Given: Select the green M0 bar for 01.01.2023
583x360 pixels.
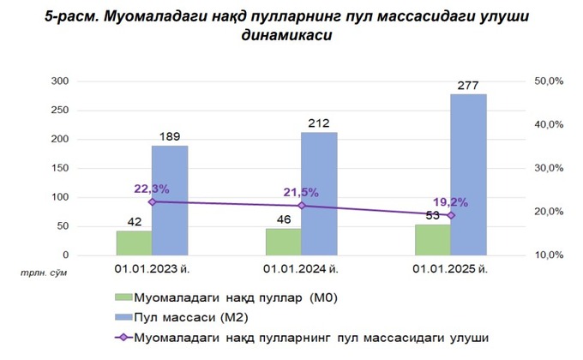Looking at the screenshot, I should (134, 243).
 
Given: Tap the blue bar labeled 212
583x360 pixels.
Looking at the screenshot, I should (319, 193).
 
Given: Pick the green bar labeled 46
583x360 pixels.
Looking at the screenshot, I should (283, 242).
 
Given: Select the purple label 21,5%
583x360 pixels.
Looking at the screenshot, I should (301, 192).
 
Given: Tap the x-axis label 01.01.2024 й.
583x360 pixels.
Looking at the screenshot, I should (301, 272).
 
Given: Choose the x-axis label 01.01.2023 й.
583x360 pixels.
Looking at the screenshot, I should (152, 272).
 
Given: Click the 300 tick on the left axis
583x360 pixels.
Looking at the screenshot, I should (60, 81).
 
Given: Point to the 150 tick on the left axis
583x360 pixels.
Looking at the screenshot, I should (60, 169).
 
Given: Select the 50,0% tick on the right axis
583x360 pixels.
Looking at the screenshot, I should (547, 81).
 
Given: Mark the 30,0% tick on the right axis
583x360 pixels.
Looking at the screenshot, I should (547, 169).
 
